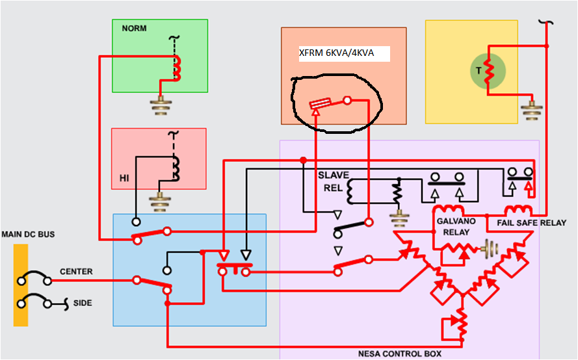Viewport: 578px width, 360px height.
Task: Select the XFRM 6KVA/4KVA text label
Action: tap(336, 53)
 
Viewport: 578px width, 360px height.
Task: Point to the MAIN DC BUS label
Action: tap(28, 234)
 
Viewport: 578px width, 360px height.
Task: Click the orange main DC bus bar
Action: tap(20, 285)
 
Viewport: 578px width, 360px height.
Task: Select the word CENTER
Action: tap(76, 272)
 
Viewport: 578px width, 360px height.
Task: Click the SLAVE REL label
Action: tap(333, 182)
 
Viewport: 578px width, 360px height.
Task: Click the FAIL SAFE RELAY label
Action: tap(531, 223)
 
